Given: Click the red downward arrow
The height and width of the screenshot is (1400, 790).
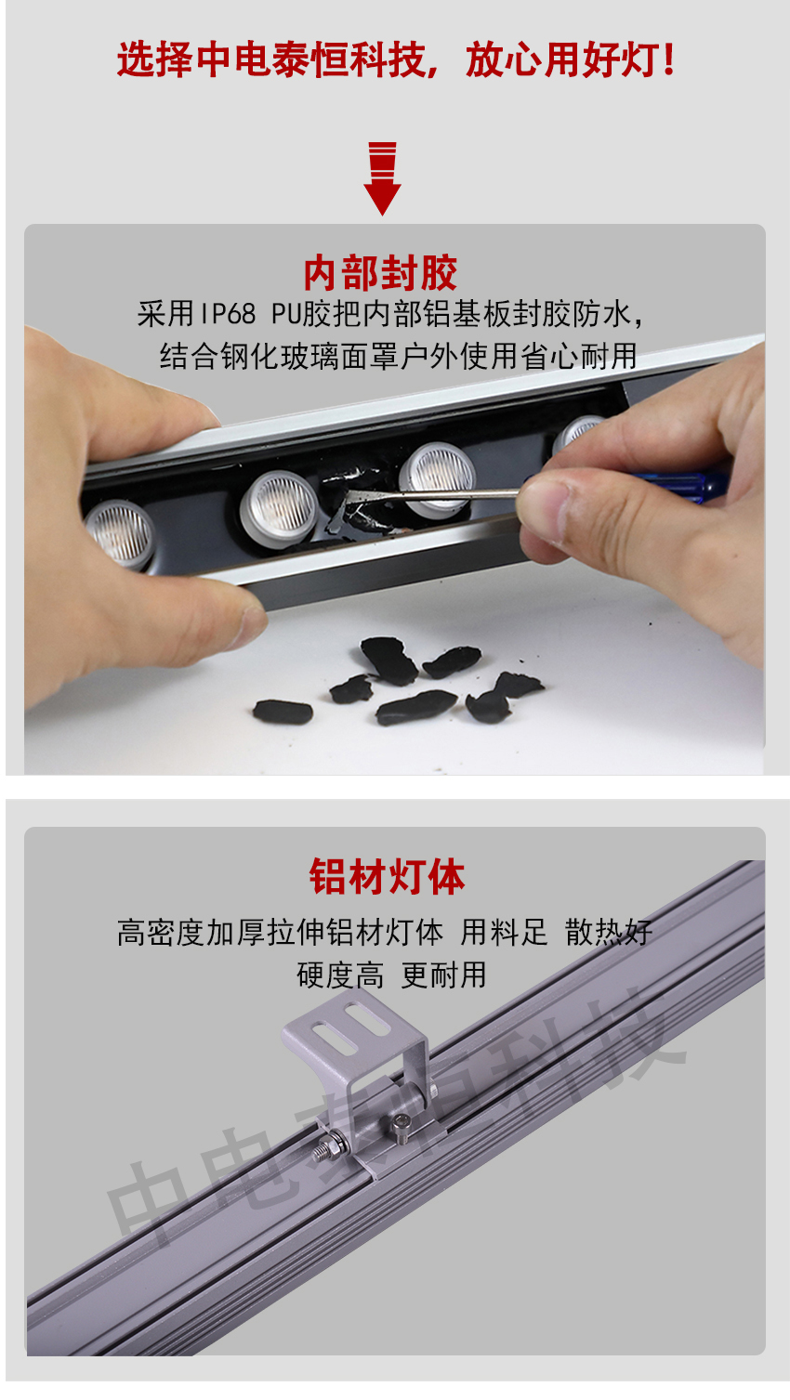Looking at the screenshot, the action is tap(382, 178).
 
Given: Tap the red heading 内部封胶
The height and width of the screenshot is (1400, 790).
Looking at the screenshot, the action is tap(381, 273).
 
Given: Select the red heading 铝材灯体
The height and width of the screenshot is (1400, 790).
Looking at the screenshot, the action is tap(388, 876).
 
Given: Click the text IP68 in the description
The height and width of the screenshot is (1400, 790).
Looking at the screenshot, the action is tap(227, 314).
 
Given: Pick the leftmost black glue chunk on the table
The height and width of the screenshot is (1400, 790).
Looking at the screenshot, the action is tap(283, 712).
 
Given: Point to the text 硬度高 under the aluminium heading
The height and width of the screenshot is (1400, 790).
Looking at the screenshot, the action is tap(340, 975).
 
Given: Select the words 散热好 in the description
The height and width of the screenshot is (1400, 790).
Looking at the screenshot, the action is tap(609, 933).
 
